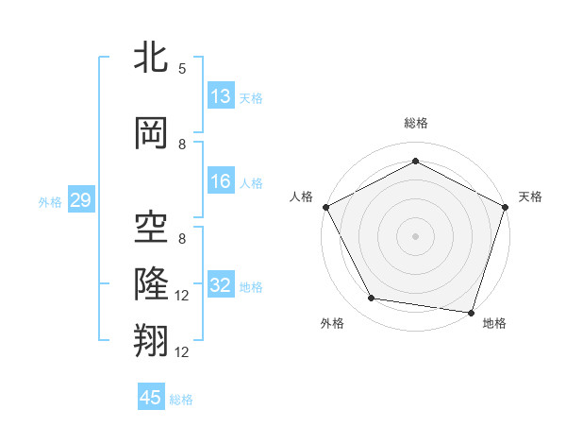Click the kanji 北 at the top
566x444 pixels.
point(151,59)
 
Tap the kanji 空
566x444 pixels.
point(151,224)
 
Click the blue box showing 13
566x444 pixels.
point(221,96)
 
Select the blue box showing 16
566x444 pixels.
point(221,182)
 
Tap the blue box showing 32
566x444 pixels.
point(221,286)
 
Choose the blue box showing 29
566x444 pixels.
point(80,201)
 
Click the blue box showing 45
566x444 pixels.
point(151,398)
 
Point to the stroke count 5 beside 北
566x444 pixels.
point(182,68)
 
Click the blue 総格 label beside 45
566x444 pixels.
point(181,400)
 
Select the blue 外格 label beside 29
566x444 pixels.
point(50,202)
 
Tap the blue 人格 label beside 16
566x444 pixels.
point(251,183)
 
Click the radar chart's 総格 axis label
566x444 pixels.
point(415,123)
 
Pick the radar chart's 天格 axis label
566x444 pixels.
point(531,196)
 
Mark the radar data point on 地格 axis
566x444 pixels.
point(471,312)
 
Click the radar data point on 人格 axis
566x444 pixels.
point(325,207)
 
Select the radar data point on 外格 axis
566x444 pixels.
point(372,299)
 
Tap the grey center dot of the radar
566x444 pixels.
point(415,235)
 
